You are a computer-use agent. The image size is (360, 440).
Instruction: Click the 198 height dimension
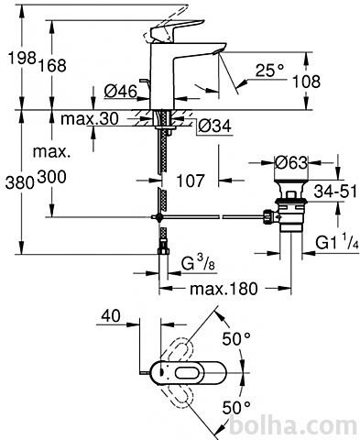pyautogui.click(x=22, y=58)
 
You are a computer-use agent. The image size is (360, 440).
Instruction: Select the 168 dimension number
pyautogui.click(x=52, y=65)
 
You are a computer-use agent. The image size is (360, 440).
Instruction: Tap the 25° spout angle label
pyautogui.click(x=269, y=71)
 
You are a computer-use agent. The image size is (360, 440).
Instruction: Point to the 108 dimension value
pyautogui.click(x=306, y=82)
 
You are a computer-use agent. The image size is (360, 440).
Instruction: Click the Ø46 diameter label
pyautogui.click(x=121, y=91)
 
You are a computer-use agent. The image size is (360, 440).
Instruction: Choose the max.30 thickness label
pyautogui.click(x=89, y=118)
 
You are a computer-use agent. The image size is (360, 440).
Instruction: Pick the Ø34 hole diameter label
pyautogui.click(x=214, y=126)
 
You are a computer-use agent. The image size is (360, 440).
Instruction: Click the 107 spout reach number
pyautogui.click(x=191, y=181)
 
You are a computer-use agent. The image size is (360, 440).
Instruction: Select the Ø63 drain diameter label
pyautogui.click(x=291, y=162)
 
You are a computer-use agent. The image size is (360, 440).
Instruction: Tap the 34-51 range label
pyautogui.click(x=335, y=192)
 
